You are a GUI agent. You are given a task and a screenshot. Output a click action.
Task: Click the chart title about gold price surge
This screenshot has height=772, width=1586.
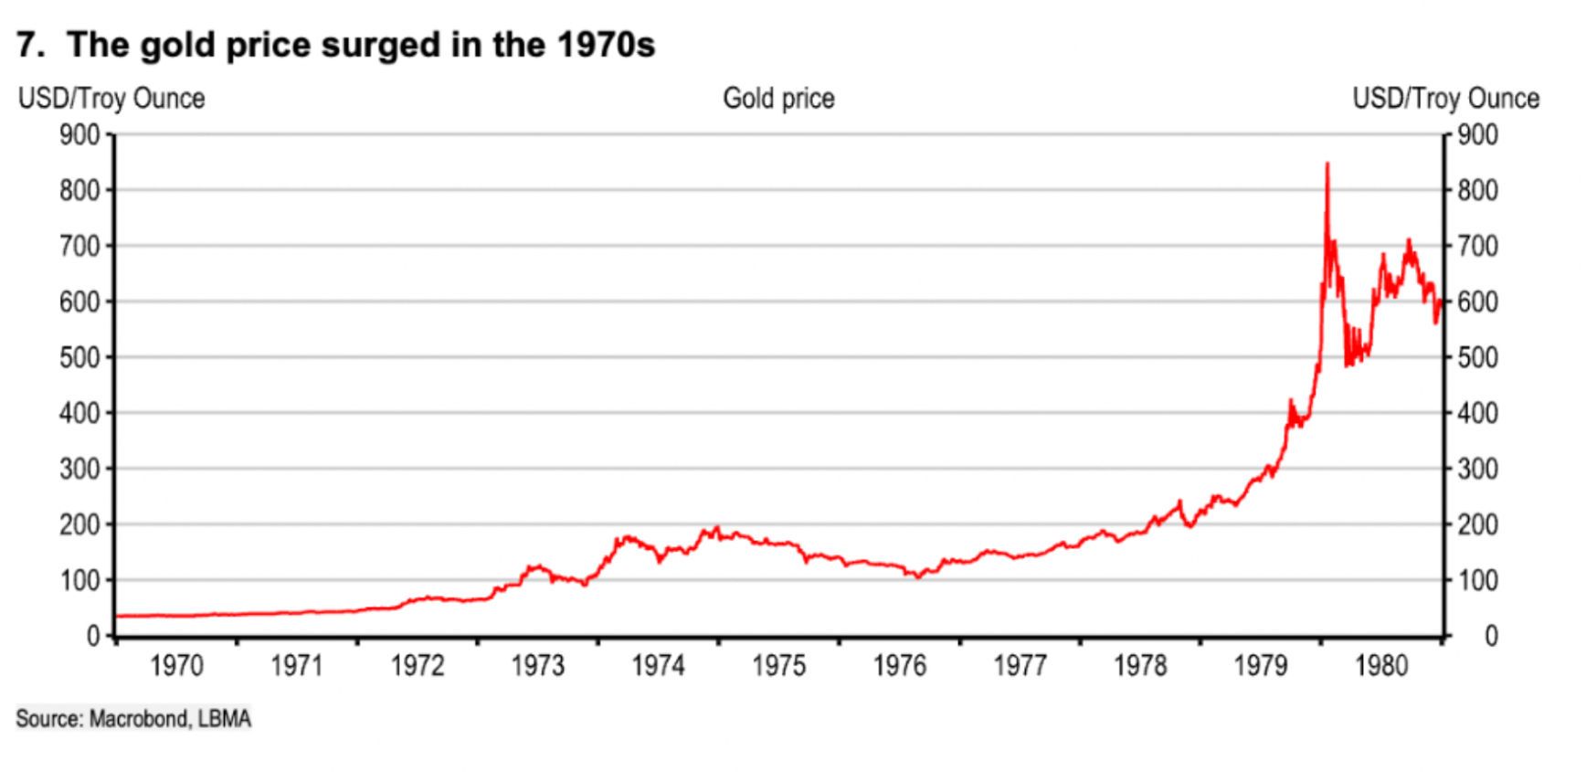pyautogui.click(x=335, y=45)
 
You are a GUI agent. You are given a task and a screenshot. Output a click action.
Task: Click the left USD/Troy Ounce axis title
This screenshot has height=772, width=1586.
pyautogui.click(x=111, y=99)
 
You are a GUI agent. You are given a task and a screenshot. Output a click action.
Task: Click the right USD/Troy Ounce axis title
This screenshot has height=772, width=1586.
pyautogui.click(x=1445, y=99)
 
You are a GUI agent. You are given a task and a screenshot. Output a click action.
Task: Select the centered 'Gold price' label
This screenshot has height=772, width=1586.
pyautogui.click(x=778, y=99)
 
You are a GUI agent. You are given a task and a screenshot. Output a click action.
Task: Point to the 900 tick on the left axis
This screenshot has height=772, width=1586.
pyautogui.click(x=79, y=135)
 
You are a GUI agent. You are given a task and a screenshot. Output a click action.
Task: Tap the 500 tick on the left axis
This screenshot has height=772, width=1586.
pyautogui.click(x=79, y=357)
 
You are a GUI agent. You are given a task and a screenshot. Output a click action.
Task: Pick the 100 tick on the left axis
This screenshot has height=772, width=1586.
pyautogui.click(x=79, y=580)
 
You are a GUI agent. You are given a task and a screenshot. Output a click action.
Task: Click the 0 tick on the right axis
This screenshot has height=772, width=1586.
pyautogui.click(x=1490, y=636)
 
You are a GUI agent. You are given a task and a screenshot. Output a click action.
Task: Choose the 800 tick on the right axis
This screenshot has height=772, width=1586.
pyautogui.click(x=1478, y=191)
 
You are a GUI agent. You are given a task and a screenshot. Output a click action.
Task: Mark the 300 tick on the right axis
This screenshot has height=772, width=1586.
pyautogui.click(x=1478, y=469)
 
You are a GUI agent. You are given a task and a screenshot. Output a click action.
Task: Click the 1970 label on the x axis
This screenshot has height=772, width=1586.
pyautogui.click(x=176, y=666)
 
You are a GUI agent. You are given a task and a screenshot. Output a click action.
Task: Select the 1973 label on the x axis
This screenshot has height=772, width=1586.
pyautogui.click(x=538, y=666)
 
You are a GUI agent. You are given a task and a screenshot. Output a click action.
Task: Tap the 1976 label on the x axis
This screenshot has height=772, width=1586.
pyautogui.click(x=900, y=666)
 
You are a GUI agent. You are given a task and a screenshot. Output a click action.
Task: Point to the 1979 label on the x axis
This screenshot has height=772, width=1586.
pyautogui.click(x=1261, y=666)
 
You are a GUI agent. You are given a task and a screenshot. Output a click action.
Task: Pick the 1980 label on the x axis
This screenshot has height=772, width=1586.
pyautogui.click(x=1381, y=666)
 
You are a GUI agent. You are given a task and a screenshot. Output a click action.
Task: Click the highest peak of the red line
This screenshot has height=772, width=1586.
pyautogui.click(x=1327, y=164)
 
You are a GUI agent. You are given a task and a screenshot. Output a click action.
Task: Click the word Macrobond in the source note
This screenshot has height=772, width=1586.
pyautogui.click(x=136, y=720)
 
